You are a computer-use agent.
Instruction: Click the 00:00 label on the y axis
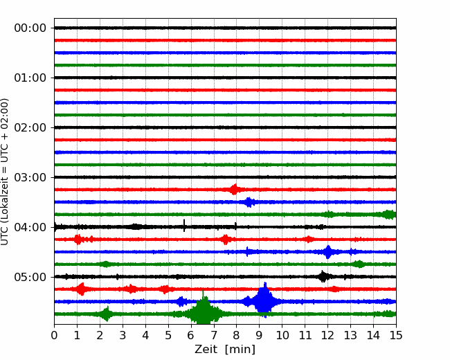(x=30, y=28)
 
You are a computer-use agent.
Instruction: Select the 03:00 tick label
(x=30, y=177)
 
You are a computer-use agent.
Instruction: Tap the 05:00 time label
(x=30, y=277)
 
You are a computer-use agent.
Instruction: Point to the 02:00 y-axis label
(x=30, y=128)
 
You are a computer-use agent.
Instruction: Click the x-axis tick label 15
(x=396, y=335)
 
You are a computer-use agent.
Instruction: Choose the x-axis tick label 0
(x=54, y=335)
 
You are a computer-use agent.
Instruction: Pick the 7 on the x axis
(x=214, y=335)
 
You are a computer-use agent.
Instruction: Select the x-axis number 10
(x=282, y=335)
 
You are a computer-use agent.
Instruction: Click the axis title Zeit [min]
(x=225, y=349)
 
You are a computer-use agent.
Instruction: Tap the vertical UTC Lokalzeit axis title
(x=4, y=172)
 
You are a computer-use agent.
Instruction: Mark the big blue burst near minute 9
(x=264, y=300)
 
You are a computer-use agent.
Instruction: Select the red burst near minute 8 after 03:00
(x=235, y=190)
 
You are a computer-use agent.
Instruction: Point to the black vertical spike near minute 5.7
(x=184, y=226)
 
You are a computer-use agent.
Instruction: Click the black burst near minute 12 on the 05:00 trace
(x=323, y=276)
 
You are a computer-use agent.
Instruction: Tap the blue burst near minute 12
(x=327, y=252)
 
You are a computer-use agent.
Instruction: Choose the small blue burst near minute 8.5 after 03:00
(x=249, y=202)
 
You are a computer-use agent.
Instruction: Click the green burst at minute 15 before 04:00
(x=389, y=215)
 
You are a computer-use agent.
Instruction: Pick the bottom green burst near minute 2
(x=107, y=314)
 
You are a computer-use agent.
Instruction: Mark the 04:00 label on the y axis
(x=30, y=227)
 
